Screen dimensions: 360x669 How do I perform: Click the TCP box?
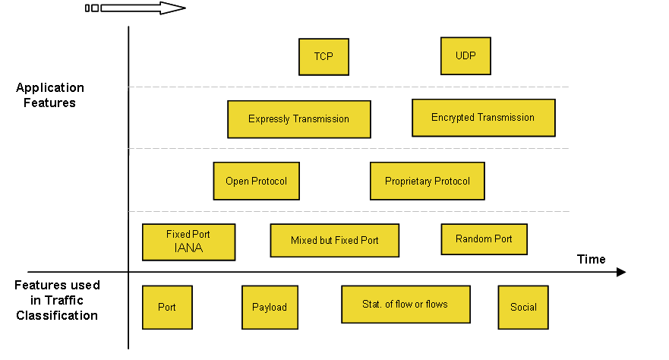[323, 57]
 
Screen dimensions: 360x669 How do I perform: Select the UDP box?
[465, 56]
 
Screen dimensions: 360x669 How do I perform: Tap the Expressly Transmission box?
[298, 119]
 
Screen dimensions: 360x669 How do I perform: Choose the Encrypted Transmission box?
[483, 118]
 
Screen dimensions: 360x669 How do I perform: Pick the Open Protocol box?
[256, 181]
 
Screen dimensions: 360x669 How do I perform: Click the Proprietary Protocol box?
[427, 181]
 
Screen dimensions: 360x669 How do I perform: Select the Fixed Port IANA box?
[188, 242]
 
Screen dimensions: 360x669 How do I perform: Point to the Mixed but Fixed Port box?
[334, 240]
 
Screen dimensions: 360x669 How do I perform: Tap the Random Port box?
[484, 238]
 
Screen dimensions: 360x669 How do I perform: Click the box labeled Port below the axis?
[167, 307]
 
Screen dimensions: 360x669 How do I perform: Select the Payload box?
[270, 307]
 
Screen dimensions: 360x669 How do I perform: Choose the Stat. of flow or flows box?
[406, 304]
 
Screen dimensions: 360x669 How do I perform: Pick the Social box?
[523, 307]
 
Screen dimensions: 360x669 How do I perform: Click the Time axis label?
[591, 260]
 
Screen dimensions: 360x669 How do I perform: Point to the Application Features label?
[49, 95]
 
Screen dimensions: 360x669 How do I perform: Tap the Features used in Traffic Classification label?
[57, 300]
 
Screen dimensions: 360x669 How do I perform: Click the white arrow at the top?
[140, 8]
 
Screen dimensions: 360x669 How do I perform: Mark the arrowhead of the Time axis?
[621, 272]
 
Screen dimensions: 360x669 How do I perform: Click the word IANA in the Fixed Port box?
[188, 248]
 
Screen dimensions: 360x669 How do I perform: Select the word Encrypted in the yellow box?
[453, 118]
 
